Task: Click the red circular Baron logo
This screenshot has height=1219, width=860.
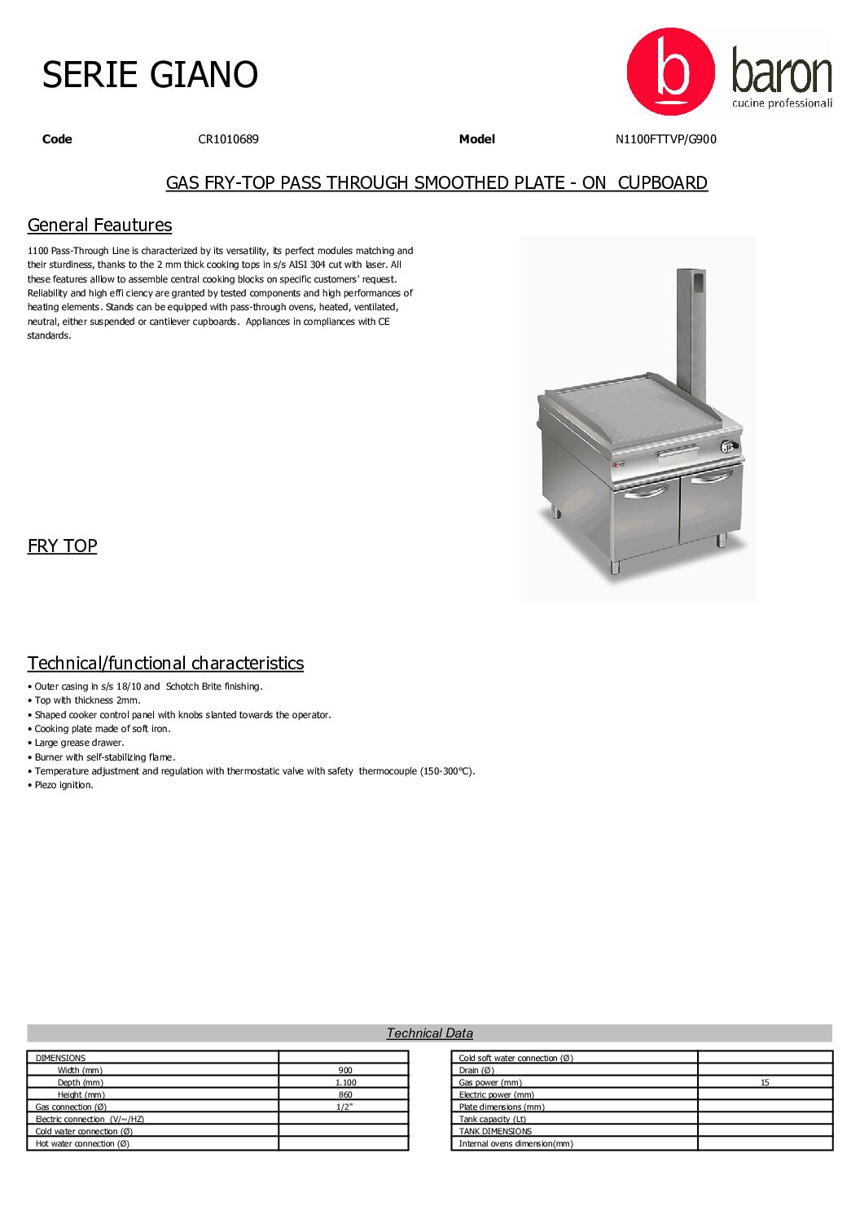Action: pyautogui.click(x=670, y=72)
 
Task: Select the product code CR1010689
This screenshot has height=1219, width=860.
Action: pyautogui.click(x=228, y=139)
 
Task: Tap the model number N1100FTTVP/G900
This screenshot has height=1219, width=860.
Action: pyautogui.click(x=665, y=139)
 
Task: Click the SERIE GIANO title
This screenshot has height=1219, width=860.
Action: pyautogui.click(x=150, y=75)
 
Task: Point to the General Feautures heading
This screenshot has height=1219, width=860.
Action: pyautogui.click(x=99, y=226)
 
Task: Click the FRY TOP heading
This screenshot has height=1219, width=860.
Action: pyautogui.click(x=62, y=546)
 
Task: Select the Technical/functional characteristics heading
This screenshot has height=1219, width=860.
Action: pyautogui.click(x=165, y=664)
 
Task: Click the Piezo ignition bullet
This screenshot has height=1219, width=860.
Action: pyautogui.click(x=64, y=785)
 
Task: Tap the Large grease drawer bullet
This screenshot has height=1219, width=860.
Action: pyautogui.click(x=79, y=743)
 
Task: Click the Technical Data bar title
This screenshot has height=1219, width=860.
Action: pyautogui.click(x=429, y=1033)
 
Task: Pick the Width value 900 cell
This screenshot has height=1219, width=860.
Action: pyautogui.click(x=345, y=1070)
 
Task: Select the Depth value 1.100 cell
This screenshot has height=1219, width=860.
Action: pyautogui.click(x=345, y=1082)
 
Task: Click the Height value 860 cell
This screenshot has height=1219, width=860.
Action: pyautogui.click(x=345, y=1094)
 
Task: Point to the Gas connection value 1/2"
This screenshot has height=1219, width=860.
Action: pyautogui.click(x=344, y=1107)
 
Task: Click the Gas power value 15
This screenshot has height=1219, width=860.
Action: pyautogui.click(x=765, y=1082)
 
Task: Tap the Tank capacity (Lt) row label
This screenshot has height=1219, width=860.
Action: pyautogui.click(x=492, y=1119)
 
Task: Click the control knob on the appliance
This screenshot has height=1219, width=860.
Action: pyautogui.click(x=727, y=446)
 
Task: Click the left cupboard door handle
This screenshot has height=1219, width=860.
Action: pyautogui.click(x=646, y=490)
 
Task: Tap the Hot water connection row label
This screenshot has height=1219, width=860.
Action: pyautogui.click(x=82, y=1143)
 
